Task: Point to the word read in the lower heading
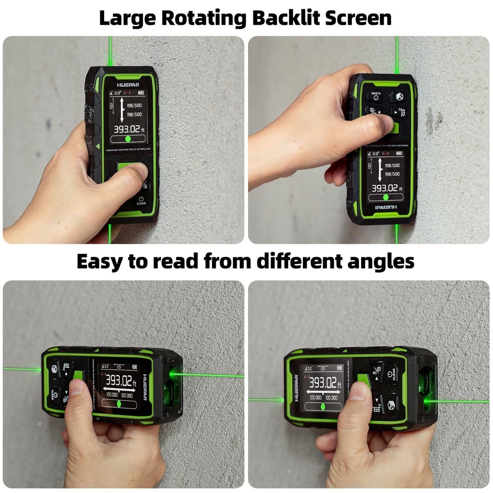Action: tap(174, 261)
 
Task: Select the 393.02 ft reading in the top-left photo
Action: tap(128, 129)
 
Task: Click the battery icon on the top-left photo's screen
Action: tap(141, 93)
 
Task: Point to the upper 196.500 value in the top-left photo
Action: tap(134, 105)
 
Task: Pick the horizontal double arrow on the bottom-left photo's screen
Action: tap(119, 391)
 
